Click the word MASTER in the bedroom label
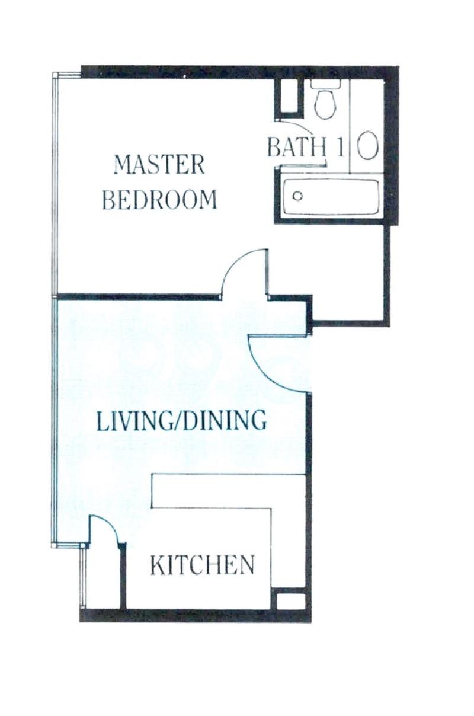159,164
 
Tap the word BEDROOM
159,200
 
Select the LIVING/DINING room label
181,420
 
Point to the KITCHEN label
202,565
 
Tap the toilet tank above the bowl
325,84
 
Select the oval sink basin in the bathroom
369,145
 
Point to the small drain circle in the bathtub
298,196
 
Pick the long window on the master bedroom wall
55,184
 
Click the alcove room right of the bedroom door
350,273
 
